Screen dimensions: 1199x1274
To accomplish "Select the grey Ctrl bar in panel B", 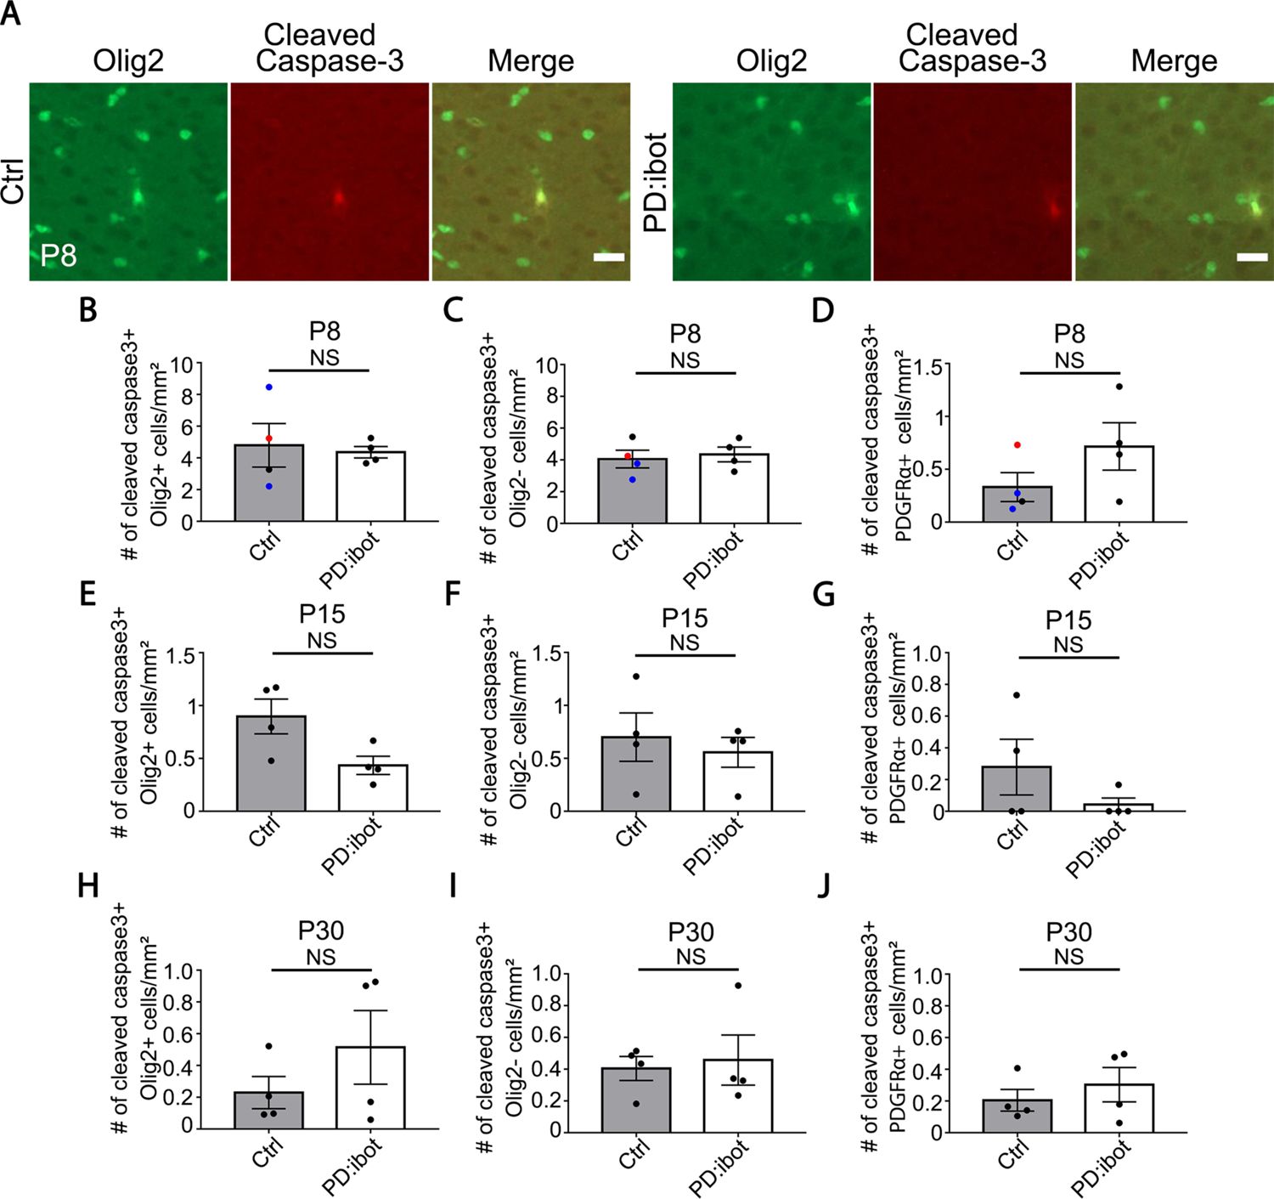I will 268,484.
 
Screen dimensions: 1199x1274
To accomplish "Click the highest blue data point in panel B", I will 268,387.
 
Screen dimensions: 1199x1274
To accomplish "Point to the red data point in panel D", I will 1017,445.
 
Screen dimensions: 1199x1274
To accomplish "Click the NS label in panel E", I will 322,641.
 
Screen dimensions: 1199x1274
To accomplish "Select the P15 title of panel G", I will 1068,620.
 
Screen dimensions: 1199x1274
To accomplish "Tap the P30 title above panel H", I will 322,931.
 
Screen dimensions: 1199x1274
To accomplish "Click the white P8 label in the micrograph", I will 59,254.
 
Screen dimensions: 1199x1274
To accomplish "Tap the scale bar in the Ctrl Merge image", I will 609,256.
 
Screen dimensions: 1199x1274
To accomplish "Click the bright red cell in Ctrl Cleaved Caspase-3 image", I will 338,198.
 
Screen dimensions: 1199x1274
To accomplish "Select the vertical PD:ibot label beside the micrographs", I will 655,182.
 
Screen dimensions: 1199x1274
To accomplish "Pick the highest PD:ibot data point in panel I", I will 738,986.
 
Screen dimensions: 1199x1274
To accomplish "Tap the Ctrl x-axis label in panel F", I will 630,831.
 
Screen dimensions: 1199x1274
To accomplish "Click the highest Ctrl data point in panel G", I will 1017,696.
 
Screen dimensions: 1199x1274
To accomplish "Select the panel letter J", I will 822,886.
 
